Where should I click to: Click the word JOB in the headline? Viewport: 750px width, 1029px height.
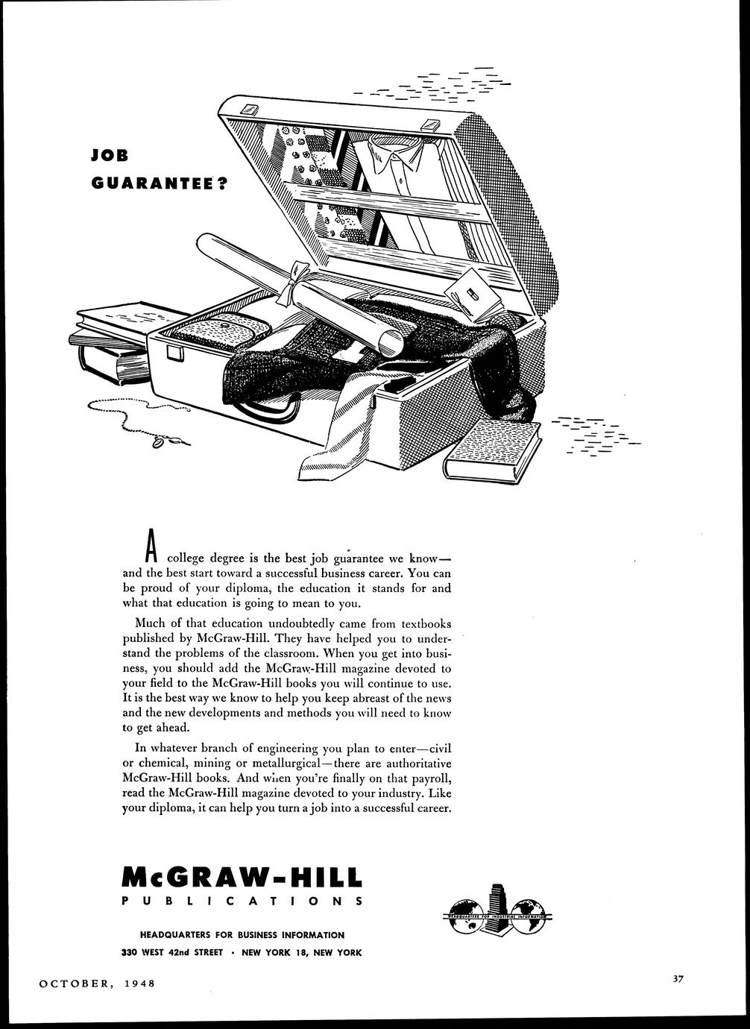109,156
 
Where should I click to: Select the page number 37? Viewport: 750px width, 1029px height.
677,979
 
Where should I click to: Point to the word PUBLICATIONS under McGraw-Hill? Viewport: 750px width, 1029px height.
242,901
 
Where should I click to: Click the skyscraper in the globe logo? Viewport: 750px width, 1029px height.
495,908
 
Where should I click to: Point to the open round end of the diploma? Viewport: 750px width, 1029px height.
391,342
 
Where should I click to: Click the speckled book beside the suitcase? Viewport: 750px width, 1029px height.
492,449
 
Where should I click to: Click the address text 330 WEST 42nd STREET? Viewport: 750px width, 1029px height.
173,952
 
